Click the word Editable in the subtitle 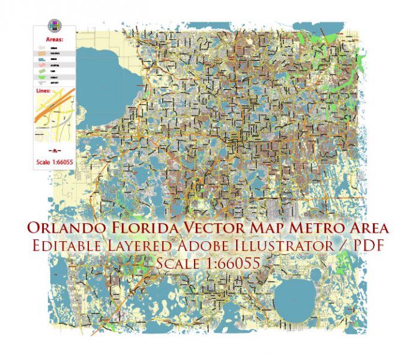pyautogui.click(x=76, y=245)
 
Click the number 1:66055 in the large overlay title pyautogui.click(x=235, y=262)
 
